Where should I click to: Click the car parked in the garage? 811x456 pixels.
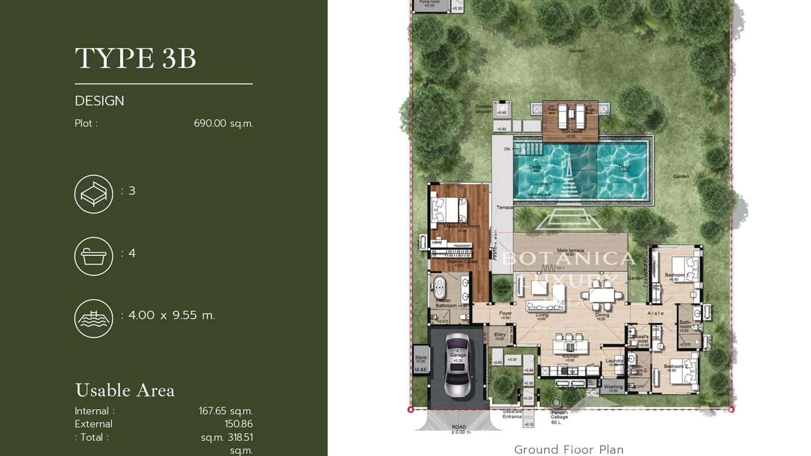point(457,366)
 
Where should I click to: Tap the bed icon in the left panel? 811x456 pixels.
point(94,194)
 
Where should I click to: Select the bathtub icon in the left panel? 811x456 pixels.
point(94,256)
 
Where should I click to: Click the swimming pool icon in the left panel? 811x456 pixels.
point(94,318)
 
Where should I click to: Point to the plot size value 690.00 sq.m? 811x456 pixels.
point(223,123)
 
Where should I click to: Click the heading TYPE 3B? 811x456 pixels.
point(135,59)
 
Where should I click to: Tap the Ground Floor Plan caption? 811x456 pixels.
point(569,449)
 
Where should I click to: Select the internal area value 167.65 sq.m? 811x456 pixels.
point(225,411)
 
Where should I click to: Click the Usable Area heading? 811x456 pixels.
point(124,390)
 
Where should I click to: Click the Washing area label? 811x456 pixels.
point(613,386)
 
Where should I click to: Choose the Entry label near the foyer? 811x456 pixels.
point(500,335)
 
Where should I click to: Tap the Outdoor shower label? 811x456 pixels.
point(484,108)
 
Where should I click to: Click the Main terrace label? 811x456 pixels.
point(570,250)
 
